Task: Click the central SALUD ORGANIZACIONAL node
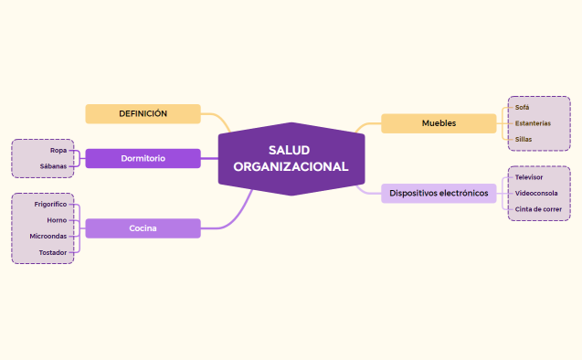tap(291, 158)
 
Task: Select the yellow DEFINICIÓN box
tap(143, 113)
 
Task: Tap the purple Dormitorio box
tap(143, 158)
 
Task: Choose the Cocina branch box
tap(143, 228)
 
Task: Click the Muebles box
tap(439, 123)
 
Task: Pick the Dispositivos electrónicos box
tap(439, 193)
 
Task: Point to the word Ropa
tap(58, 149)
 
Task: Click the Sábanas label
tap(53, 166)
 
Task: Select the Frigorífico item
tap(50, 205)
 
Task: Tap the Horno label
tap(57, 220)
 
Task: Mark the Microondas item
tap(48, 236)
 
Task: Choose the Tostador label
tap(52, 252)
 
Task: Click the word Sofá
tap(522, 107)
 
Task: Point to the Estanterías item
tap(533, 123)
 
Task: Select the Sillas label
tap(524, 139)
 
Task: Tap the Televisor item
tap(528, 176)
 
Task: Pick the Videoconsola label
tap(536, 193)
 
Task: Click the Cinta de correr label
tap(538, 209)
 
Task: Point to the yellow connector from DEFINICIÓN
tap(219, 120)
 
